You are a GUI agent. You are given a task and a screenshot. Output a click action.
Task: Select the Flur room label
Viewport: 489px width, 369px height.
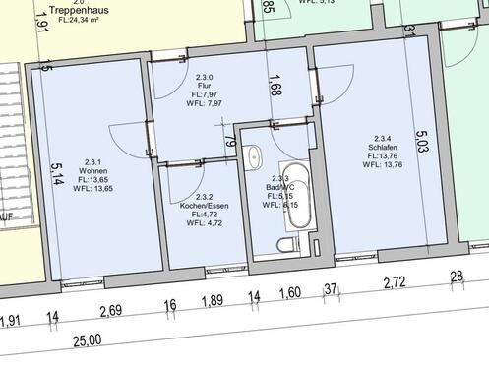[205, 86]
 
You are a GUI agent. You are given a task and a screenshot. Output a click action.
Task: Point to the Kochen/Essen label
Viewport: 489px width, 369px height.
[205, 205]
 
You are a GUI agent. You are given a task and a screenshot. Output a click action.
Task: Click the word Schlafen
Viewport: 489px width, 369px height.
[384, 147]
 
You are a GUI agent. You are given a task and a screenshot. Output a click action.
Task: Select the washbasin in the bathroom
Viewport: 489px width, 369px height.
[255, 155]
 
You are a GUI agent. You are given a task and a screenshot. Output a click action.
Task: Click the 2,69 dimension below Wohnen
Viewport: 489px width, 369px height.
[111, 311]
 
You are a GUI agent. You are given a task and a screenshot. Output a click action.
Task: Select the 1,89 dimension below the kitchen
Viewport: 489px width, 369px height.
[212, 301]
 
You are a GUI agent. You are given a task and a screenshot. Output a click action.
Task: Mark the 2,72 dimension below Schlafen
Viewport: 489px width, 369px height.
[395, 283]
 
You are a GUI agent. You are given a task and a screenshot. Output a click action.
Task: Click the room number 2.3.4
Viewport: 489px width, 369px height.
[384, 138]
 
